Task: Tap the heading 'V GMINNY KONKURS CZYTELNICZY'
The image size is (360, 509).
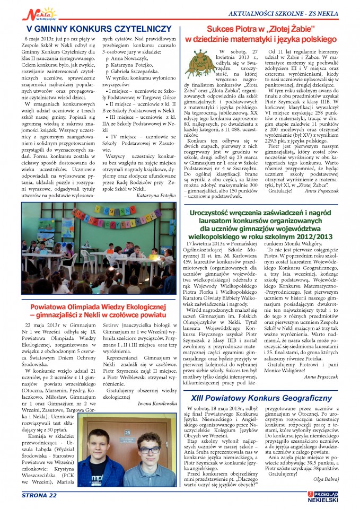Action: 99,28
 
